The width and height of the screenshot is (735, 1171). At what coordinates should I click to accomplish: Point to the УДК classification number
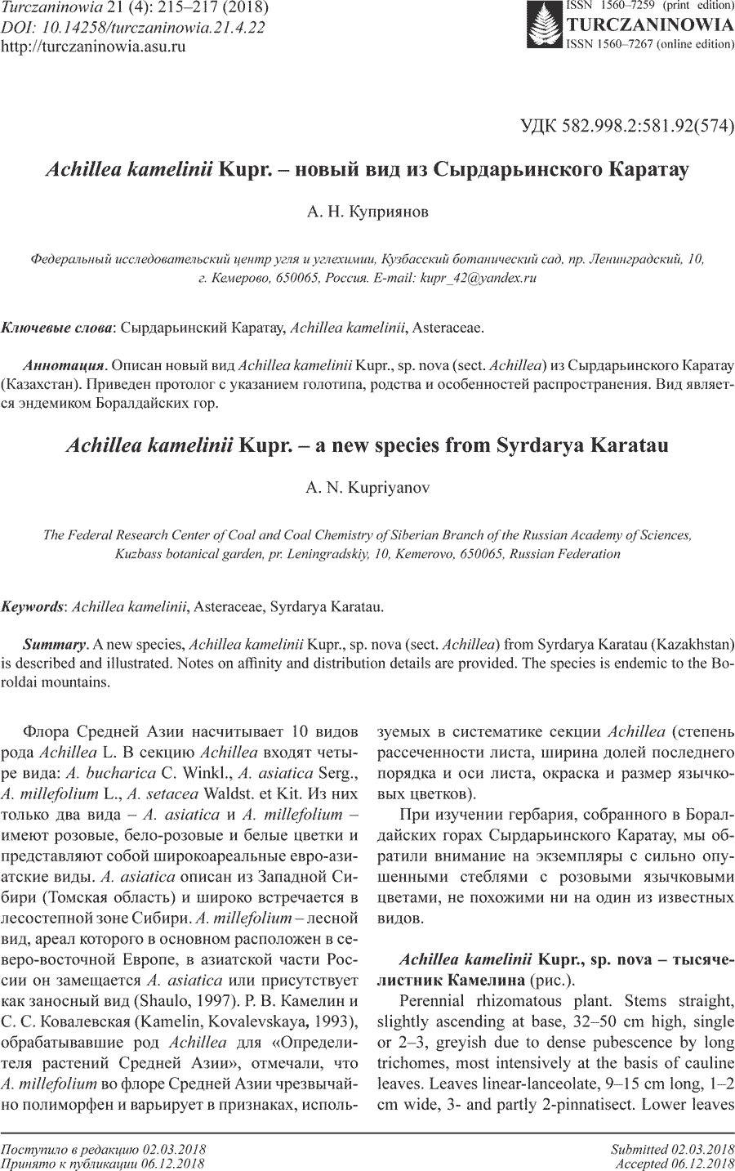click(627, 126)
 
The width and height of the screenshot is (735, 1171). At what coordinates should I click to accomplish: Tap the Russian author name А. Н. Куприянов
click(367, 212)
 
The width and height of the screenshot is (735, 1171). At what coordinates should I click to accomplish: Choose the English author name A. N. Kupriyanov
click(367, 489)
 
